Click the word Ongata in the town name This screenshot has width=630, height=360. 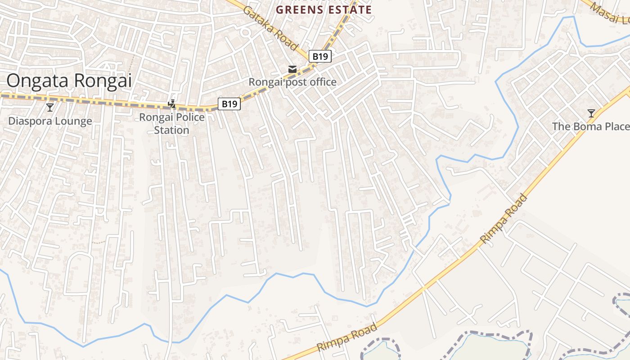point(37,81)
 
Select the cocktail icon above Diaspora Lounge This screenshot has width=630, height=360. point(50,108)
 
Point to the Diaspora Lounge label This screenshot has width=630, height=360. point(50,121)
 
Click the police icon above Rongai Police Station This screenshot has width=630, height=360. point(171,104)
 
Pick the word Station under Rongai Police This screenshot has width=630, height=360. point(171,130)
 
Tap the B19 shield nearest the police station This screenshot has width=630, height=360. point(229,104)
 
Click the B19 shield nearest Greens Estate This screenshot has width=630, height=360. point(320,56)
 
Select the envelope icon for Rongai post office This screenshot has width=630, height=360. point(292,69)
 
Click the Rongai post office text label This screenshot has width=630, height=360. point(292,82)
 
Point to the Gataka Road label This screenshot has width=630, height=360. point(270,28)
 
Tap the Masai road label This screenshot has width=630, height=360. point(610,13)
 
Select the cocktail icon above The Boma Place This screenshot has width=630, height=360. point(591,113)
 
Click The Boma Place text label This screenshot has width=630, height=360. point(590,126)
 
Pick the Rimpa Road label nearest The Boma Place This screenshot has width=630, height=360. point(504,219)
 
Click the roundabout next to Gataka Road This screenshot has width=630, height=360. point(245,32)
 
